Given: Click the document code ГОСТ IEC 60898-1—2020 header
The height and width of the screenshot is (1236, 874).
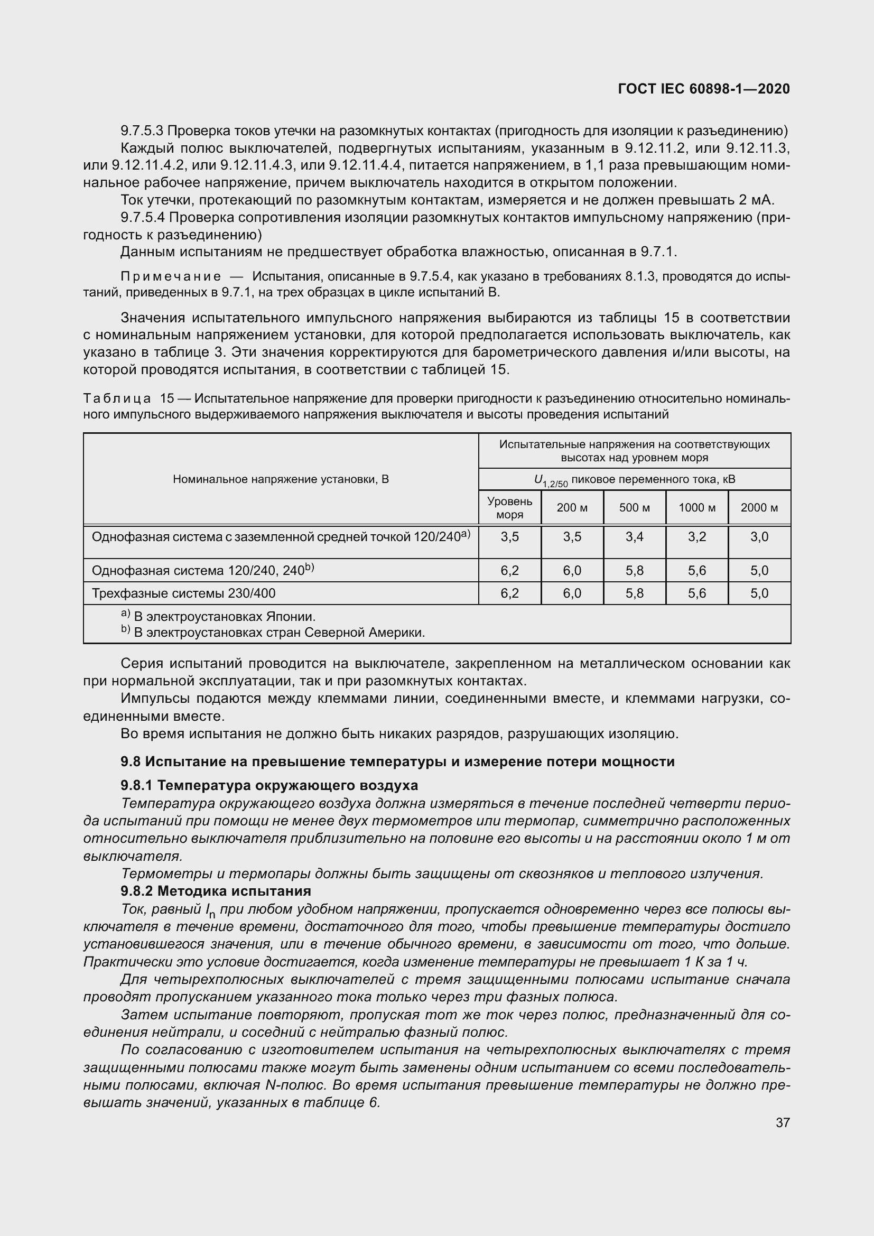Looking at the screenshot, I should (703, 89).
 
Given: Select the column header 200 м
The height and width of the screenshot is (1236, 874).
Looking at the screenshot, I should (572, 508).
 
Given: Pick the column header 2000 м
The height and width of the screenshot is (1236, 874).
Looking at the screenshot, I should (759, 508).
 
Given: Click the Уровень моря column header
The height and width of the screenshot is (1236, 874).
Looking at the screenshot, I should (509, 508).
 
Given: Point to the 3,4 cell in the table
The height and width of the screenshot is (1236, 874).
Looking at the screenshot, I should (634, 537).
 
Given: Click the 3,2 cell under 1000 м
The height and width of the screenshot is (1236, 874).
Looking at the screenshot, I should (696, 537).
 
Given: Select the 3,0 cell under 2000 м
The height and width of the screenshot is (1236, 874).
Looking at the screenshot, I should (759, 537).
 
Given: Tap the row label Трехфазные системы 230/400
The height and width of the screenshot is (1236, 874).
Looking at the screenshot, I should (183, 593).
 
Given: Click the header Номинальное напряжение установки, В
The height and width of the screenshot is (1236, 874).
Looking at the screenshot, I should (281, 479).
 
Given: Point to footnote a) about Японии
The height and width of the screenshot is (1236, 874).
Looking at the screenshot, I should (218, 616).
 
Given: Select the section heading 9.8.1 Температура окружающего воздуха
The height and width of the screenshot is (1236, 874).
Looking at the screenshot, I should (269, 785).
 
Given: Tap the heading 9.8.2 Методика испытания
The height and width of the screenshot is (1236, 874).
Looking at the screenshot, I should (216, 891).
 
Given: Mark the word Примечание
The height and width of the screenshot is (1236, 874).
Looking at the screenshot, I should (171, 277).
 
